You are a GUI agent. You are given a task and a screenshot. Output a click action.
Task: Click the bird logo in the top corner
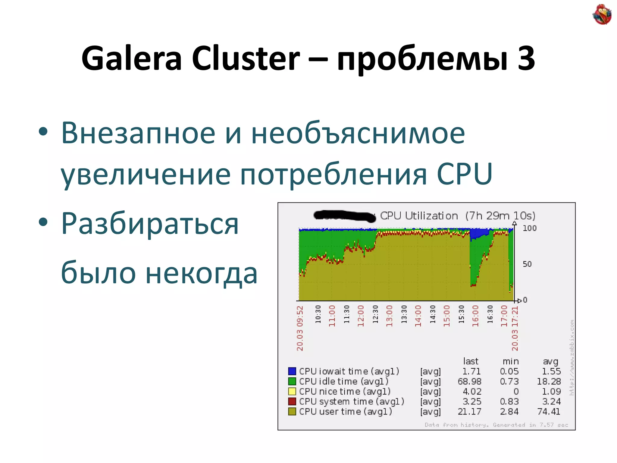602,14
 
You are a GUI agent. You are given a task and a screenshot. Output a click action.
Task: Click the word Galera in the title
132,58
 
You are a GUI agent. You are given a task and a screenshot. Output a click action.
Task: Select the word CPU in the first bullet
464,174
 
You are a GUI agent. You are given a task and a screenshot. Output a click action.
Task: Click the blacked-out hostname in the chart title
345,216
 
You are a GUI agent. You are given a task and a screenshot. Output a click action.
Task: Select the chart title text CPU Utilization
419,216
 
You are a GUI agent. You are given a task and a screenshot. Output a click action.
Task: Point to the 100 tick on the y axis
529,228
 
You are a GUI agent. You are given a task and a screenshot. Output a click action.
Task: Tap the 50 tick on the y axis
527,264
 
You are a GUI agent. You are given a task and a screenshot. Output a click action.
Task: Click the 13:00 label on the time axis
390,316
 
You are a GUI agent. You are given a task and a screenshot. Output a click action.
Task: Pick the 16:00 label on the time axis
475,316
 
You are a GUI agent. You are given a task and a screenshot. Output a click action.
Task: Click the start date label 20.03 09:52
300,329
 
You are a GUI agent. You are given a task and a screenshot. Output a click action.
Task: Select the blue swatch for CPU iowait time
292,371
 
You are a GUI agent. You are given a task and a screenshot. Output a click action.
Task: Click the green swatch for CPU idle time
292,381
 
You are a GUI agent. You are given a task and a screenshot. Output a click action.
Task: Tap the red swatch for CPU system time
292,402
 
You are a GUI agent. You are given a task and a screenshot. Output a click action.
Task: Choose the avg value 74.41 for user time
549,411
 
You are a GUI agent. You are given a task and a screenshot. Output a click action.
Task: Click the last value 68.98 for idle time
469,381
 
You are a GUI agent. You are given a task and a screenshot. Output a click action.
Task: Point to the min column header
511,361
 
